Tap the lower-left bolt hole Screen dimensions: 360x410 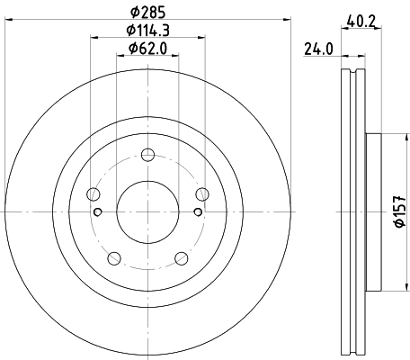click(114, 257)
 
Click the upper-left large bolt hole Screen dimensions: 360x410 click(94, 194)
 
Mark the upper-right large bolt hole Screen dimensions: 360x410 click(201, 194)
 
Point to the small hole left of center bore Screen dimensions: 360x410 click(98, 212)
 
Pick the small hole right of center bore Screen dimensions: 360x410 click(197, 212)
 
